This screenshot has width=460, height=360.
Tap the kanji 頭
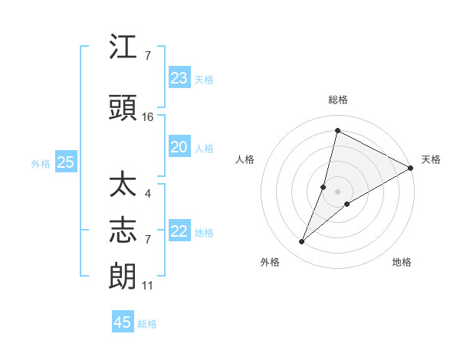(123, 108)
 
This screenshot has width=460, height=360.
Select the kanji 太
(123, 186)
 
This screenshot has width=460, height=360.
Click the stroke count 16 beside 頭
(148, 117)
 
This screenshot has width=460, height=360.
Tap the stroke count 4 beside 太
(148, 194)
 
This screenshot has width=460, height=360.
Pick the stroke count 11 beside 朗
(148, 286)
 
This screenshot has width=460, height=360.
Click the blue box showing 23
(179, 78)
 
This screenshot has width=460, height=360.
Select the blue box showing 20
(179, 147)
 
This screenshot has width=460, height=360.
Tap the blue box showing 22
(179, 231)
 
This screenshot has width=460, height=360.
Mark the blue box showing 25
(65, 162)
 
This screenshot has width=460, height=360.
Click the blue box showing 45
(123, 322)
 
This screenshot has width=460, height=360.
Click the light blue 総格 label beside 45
(147, 324)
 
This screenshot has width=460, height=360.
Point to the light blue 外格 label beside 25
(41, 163)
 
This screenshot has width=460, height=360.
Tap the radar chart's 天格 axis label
(431, 159)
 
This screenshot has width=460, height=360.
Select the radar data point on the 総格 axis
(337, 131)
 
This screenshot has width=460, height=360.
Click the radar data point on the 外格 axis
(302, 242)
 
